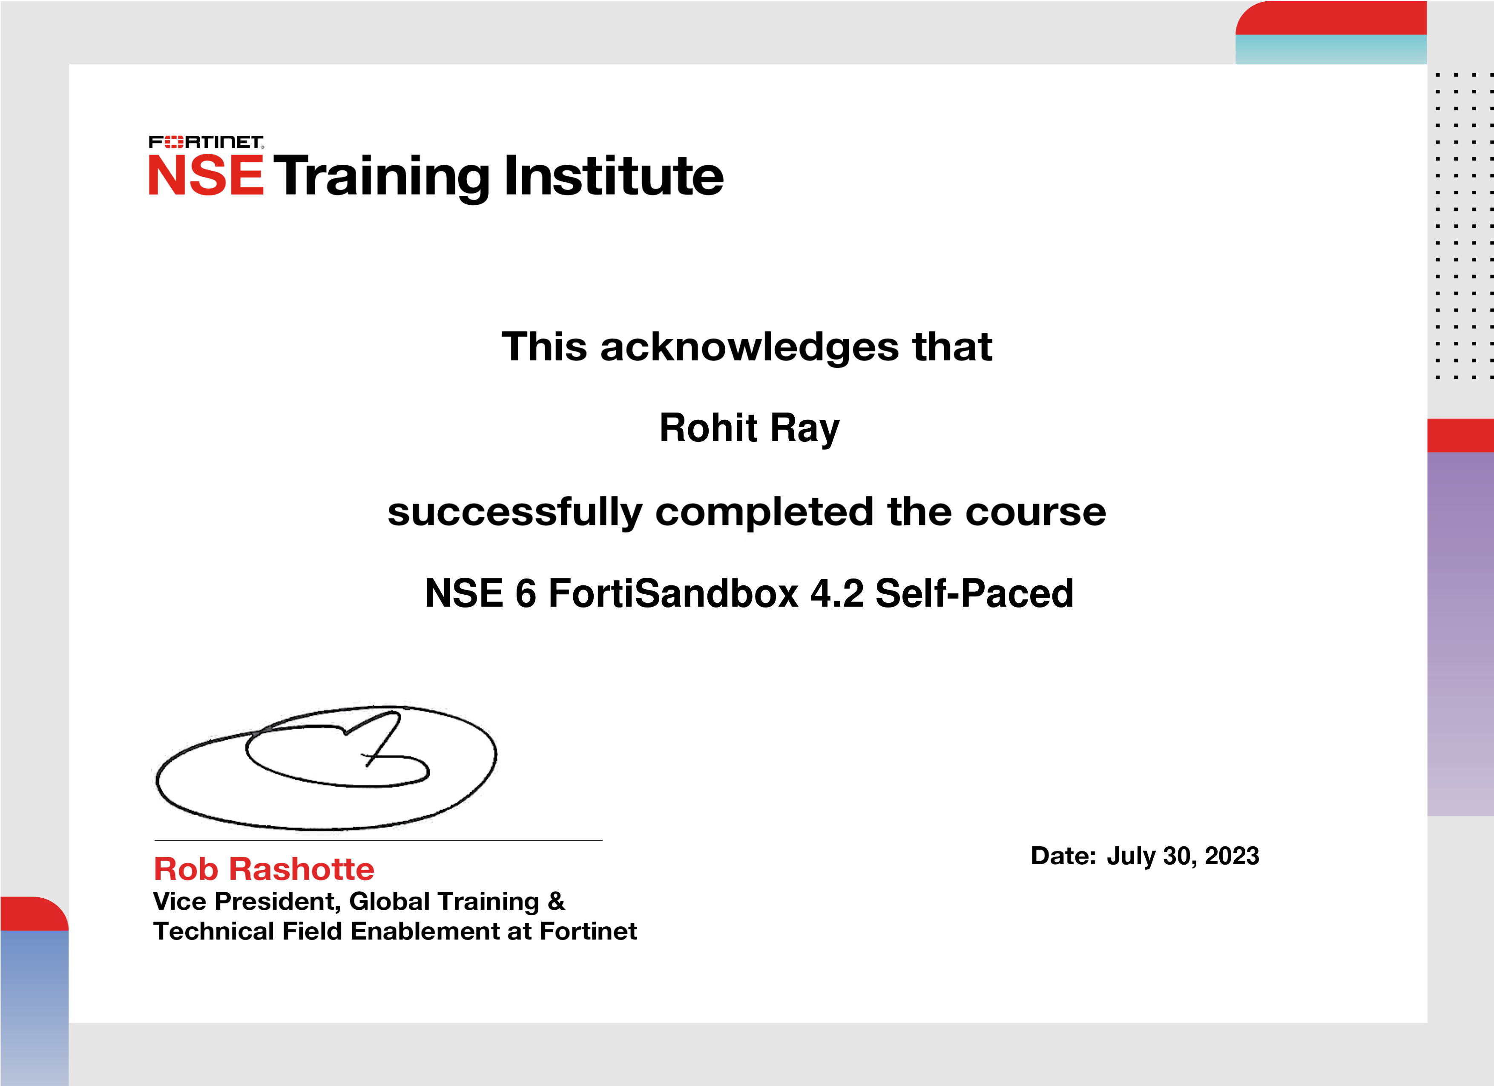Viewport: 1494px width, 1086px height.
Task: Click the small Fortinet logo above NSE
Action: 206,142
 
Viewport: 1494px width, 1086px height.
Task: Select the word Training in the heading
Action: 382,178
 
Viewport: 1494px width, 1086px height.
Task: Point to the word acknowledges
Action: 750,348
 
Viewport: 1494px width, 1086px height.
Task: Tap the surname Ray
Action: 805,430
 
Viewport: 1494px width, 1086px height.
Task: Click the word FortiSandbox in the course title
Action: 674,593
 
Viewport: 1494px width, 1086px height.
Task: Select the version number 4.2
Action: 836,593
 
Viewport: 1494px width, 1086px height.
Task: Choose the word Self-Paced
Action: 974,593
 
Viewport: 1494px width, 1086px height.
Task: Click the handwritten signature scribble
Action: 326,768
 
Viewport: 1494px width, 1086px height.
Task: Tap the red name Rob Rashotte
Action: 264,869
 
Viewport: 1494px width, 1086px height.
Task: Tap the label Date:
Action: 1063,856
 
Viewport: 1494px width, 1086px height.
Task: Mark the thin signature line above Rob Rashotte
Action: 379,840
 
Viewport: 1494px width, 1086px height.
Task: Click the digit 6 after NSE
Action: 526,593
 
